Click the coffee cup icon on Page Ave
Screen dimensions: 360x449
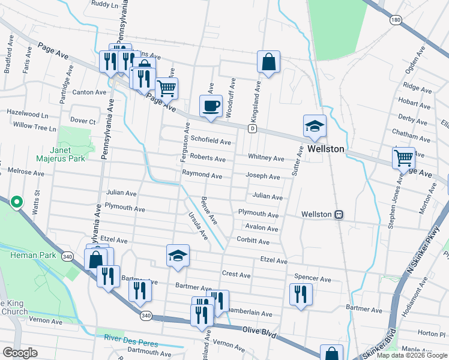pos(211,106)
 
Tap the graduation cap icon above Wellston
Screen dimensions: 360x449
pos(315,126)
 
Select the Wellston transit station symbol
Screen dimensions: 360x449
pos(339,214)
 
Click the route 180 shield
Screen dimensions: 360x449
pos(395,20)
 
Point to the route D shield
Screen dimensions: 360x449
pos(253,128)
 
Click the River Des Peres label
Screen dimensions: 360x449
pos(127,337)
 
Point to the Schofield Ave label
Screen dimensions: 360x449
pos(211,141)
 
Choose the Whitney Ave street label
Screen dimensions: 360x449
pos(267,158)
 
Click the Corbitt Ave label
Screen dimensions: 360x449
pos(253,241)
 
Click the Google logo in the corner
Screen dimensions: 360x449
pos(20,353)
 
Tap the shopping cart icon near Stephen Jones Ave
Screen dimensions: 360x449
pos(404,158)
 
